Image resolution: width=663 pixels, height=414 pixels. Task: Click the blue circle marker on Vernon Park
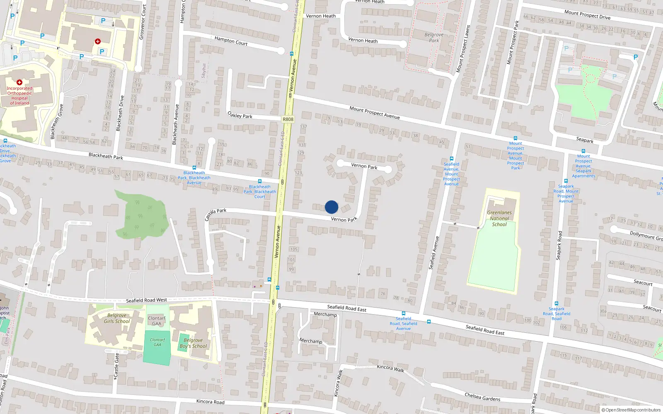pos(331,207)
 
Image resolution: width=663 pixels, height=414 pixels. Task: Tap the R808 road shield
pos(288,119)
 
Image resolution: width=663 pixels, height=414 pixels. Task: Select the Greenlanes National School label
pos(499,219)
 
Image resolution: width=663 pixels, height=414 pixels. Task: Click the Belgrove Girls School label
pos(117,318)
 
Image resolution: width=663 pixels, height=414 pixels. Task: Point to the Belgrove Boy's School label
pos(193,343)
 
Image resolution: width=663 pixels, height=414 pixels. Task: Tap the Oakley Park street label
pos(240,116)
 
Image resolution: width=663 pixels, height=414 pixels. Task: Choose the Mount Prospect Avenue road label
pos(375,113)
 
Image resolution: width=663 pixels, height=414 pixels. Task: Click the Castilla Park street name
pos(215,214)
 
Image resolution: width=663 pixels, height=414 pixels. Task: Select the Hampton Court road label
pos(231,41)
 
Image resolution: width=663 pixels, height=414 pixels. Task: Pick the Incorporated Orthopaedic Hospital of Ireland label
pos(19,96)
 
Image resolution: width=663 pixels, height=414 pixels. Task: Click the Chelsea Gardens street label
pos(482,397)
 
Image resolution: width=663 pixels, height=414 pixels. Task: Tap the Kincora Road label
pos(210,402)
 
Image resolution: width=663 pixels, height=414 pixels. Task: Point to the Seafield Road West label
pos(146,300)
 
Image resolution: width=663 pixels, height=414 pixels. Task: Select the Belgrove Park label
pos(434,38)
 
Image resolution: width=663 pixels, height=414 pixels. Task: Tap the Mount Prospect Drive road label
pos(587,15)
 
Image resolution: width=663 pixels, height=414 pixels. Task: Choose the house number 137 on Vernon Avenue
pos(303,127)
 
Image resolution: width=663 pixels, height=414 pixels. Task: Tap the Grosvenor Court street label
pos(143,22)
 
